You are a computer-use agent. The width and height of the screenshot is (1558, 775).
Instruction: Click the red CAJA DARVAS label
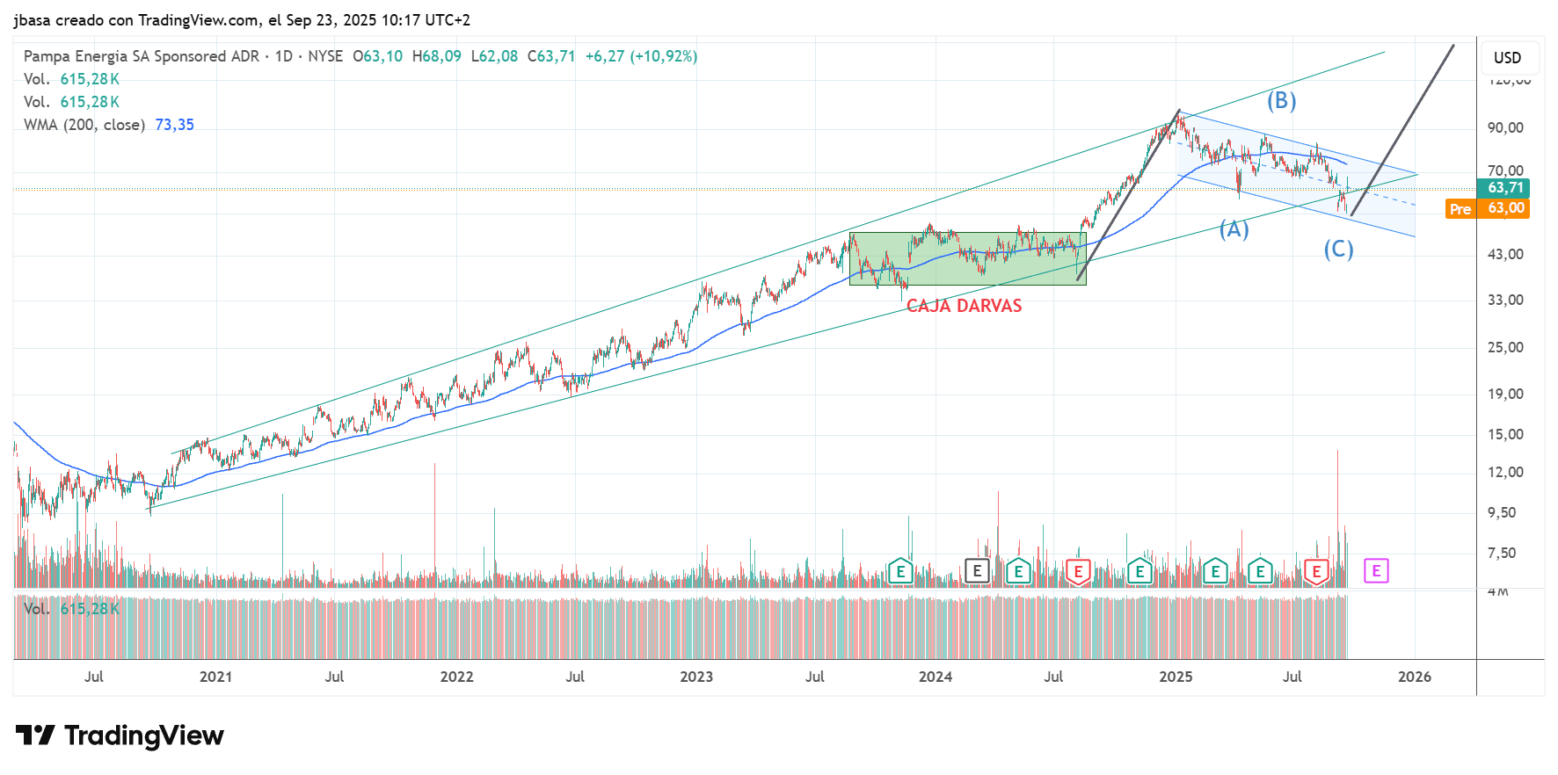coord(964,306)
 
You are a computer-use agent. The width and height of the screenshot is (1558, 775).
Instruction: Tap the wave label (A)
coord(1234,229)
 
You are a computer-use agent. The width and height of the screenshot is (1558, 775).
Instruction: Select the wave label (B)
coord(1281,101)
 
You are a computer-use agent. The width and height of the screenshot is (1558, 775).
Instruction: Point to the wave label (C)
coord(1338,250)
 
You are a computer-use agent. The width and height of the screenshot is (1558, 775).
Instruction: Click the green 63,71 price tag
coord(1504,188)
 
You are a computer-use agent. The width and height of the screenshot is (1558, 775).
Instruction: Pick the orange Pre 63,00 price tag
coord(1487,208)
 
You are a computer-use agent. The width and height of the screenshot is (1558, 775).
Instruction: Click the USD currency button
coord(1507,58)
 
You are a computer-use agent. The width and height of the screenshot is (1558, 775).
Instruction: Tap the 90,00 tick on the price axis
coord(1505,127)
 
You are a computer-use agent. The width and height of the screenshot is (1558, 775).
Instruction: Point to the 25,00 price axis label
coord(1505,347)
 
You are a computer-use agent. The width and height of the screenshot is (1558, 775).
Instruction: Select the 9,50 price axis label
coord(1502,512)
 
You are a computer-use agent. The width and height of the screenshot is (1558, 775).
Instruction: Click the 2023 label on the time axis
coord(696,677)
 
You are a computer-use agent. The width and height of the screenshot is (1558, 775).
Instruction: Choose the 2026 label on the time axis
coord(1414,677)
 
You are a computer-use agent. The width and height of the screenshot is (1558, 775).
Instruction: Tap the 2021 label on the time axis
coord(215,677)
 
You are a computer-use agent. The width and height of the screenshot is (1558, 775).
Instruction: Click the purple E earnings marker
coord(1376,571)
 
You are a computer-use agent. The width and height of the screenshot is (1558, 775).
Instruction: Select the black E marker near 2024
coord(977,571)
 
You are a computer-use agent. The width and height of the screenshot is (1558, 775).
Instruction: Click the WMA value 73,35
coord(174,125)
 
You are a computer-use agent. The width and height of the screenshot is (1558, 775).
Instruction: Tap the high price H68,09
coord(436,56)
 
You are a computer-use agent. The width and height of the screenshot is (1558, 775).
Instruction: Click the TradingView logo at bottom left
coord(120,735)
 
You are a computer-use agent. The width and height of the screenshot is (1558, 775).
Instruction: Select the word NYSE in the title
coord(325,56)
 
